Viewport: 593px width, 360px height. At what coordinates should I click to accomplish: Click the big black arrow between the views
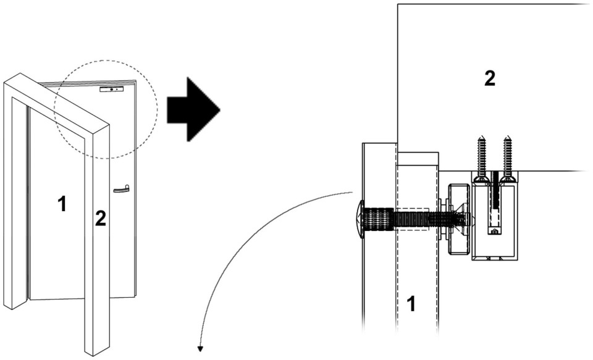tap(193, 110)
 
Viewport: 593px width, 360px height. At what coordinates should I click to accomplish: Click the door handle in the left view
tap(122, 189)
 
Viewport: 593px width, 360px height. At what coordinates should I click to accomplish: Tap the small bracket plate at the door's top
tap(112, 90)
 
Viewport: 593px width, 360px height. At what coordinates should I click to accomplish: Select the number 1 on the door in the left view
tap(62, 204)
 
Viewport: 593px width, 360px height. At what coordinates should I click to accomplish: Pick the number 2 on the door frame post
tap(100, 219)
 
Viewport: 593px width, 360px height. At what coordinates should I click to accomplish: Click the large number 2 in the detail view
tap(490, 78)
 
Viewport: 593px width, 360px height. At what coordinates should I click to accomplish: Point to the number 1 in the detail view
tap(411, 304)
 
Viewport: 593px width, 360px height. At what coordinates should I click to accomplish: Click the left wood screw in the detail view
tap(481, 159)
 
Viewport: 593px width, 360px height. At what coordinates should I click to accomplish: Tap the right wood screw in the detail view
tap(508, 159)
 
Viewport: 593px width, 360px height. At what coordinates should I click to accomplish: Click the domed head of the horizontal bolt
tap(360, 219)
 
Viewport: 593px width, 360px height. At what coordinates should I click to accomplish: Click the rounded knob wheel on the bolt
tap(459, 219)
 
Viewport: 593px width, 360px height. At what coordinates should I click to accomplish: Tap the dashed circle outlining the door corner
tap(106, 109)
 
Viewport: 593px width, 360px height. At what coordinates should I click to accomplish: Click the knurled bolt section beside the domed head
tap(378, 219)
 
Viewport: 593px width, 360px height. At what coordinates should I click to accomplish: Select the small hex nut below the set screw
tap(495, 232)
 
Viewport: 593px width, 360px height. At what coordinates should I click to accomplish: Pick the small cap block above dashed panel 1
tap(418, 159)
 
